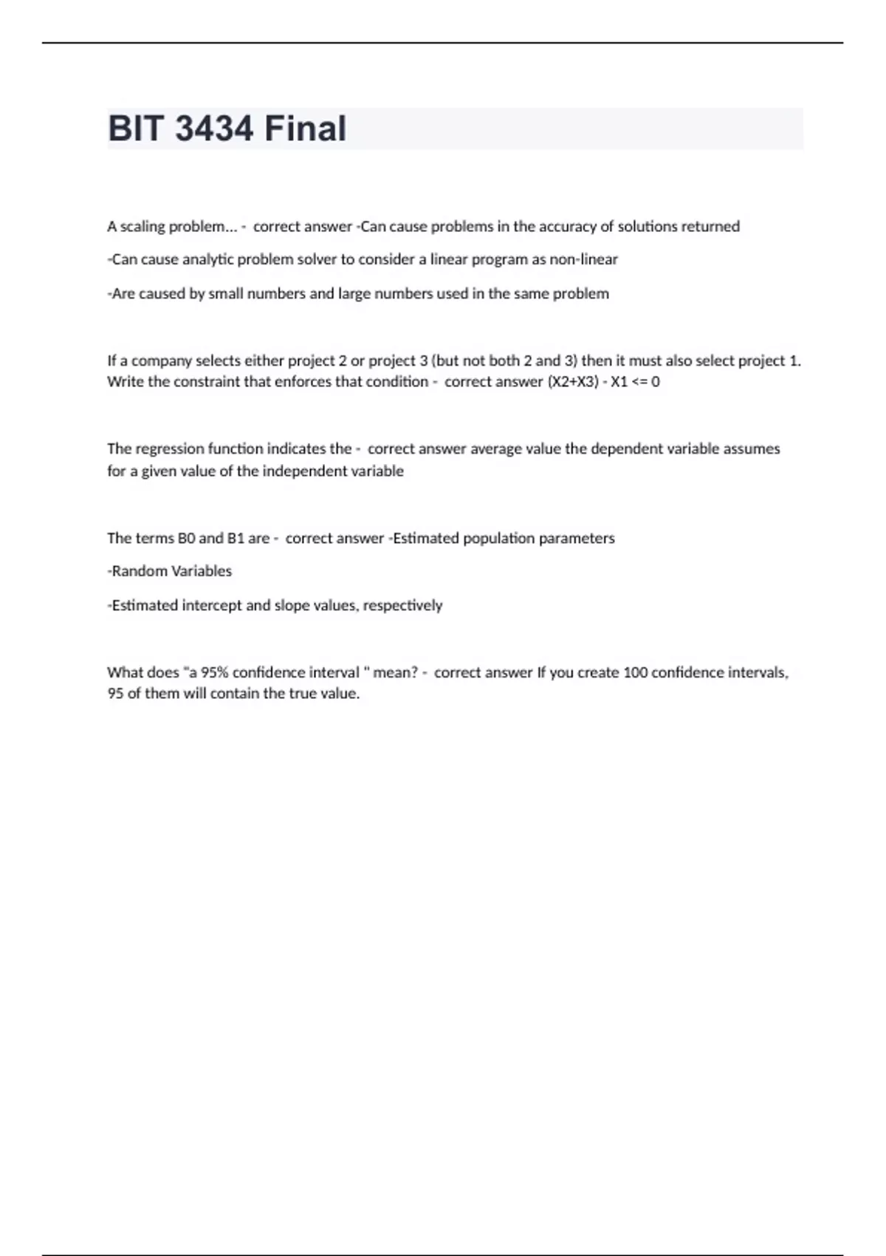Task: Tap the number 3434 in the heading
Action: (x=214, y=129)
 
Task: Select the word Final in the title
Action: (x=305, y=129)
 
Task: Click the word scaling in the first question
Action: (x=142, y=227)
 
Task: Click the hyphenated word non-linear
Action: (x=583, y=260)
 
